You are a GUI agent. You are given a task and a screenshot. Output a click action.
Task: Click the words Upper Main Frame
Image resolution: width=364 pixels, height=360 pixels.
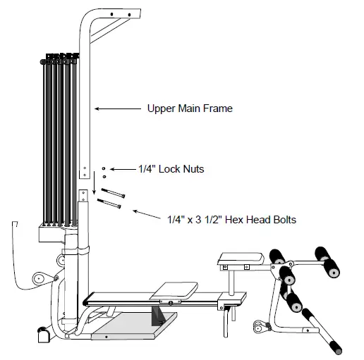[190, 109]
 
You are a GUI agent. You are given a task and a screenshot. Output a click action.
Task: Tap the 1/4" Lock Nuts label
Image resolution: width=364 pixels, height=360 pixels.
[171, 169]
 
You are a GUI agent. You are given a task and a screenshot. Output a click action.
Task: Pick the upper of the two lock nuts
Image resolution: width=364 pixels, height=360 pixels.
[104, 169]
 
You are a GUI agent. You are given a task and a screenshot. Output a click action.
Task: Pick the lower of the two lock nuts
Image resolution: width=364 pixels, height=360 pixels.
[104, 177]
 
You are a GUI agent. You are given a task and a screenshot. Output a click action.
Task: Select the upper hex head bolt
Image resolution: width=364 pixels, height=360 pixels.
[114, 193]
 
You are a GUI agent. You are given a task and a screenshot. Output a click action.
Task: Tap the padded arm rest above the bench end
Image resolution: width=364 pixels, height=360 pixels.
[236, 260]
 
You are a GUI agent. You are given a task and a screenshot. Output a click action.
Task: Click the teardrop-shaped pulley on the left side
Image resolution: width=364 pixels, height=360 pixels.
[39, 278]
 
